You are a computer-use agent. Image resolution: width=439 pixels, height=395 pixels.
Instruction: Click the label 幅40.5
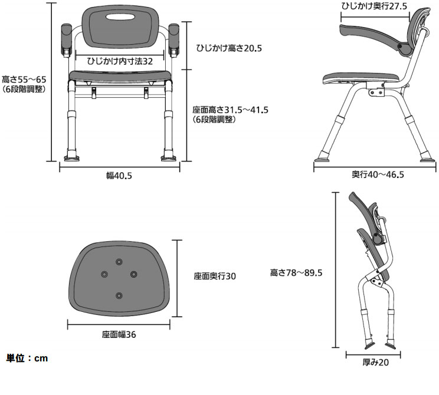tap(119, 176)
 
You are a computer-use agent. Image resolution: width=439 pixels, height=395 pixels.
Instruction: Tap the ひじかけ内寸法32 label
tap(120, 61)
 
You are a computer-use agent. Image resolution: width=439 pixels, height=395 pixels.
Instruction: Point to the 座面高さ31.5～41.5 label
tap(231, 110)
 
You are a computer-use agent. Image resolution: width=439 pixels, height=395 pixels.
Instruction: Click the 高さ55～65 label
tap(24, 79)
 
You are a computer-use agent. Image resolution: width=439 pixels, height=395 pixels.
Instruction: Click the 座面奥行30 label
tap(215, 276)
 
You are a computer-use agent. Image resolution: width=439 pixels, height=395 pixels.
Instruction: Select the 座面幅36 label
tap(119, 334)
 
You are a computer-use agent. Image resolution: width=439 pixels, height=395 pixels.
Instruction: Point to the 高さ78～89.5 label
tap(296, 272)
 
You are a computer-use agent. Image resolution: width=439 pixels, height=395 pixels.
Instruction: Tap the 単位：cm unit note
tap(27, 358)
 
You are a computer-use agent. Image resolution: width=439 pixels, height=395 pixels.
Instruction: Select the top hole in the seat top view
tap(120, 261)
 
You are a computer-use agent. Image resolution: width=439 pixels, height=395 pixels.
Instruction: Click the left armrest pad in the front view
tap(65, 41)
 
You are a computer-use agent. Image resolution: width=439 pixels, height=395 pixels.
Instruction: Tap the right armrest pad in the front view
tap(175, 41)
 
